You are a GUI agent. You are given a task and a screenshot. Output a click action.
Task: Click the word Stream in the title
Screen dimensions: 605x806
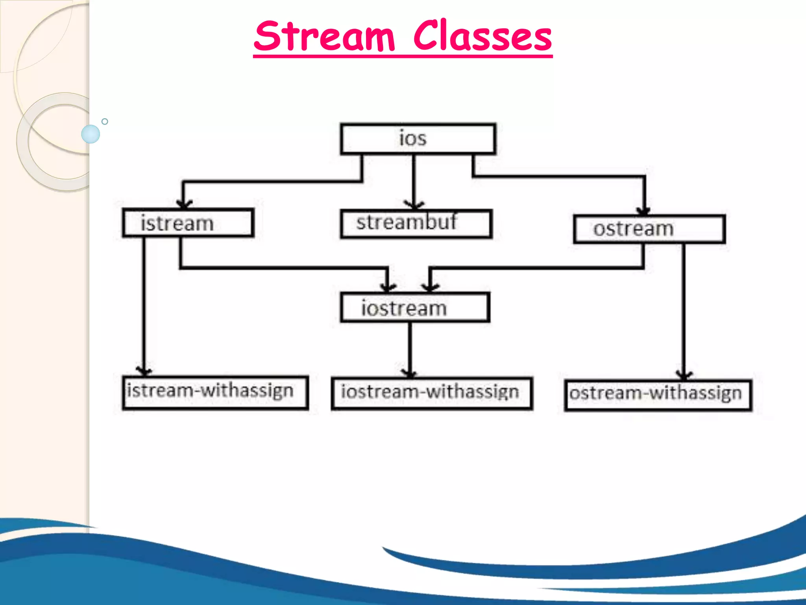click(324, 36)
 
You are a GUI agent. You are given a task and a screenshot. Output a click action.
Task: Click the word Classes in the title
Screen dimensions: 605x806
click(482, 36)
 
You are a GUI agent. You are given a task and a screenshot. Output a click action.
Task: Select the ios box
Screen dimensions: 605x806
click(418, 139)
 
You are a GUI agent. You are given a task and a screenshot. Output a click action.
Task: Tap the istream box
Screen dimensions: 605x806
click(188, 223)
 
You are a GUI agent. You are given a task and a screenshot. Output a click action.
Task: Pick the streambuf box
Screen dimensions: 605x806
click(416, 224)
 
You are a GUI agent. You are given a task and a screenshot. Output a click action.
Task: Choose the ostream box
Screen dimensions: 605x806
click(649, 229)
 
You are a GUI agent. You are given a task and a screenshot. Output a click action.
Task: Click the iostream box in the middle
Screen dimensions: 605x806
click(415, 308)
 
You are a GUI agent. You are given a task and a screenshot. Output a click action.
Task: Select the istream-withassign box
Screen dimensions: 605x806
click(215, 392)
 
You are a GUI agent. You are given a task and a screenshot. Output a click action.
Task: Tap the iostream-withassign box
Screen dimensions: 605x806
click(432, 393)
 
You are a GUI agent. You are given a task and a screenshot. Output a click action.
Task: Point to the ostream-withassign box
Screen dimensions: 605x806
click(658, 395)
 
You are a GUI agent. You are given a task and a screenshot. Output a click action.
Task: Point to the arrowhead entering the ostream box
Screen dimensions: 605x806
click(644, 210)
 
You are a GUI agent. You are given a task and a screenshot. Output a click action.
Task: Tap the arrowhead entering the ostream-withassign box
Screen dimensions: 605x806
click(684, 374)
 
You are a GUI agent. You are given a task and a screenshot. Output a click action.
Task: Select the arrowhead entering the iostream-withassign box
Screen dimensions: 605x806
click(410, 373)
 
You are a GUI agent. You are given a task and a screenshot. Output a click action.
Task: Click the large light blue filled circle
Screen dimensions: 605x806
click(91, 134)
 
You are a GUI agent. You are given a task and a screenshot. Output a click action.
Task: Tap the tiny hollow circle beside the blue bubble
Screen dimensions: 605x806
click(105, 121)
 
